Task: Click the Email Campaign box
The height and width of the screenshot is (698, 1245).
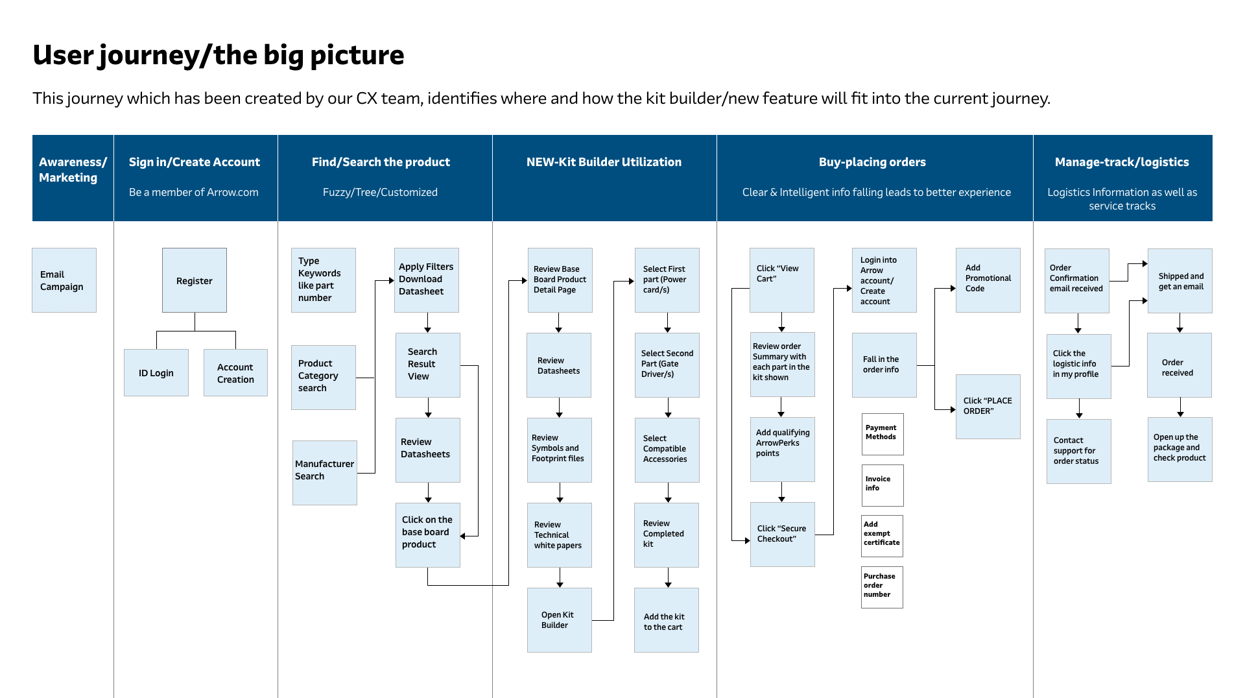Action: coord(64,280)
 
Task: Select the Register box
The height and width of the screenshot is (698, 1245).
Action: coord(195,280)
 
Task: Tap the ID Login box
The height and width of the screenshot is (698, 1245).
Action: coord(156,373)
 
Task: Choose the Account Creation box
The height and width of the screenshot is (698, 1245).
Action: coord(235,373)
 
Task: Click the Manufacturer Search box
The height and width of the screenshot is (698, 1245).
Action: coord(325,473)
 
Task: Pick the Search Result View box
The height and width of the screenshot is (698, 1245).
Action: coord(428,365)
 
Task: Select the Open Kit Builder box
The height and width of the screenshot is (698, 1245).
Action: coord(560,620)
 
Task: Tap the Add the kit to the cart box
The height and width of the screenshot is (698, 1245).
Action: coord(667,620)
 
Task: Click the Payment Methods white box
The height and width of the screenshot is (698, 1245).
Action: coord(883,435)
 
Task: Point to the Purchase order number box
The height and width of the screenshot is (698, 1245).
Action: coord(883,587)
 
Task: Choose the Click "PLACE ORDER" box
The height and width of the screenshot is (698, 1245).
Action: coord(988,407)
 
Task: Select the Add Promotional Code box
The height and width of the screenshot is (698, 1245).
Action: coord(988,280)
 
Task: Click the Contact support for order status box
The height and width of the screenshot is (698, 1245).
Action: coord(1079,451)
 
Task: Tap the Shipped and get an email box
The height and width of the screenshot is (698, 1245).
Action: coord(1180,281)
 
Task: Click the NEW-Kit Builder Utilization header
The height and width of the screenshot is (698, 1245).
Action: coord(604,162)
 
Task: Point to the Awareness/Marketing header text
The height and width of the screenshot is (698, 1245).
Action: coord(73,170)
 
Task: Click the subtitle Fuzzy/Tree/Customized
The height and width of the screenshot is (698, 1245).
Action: coord(381,192)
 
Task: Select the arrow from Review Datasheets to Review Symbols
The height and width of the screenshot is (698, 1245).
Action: coord(559,407)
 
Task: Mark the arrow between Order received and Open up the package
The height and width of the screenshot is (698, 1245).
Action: coord(1180,407)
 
